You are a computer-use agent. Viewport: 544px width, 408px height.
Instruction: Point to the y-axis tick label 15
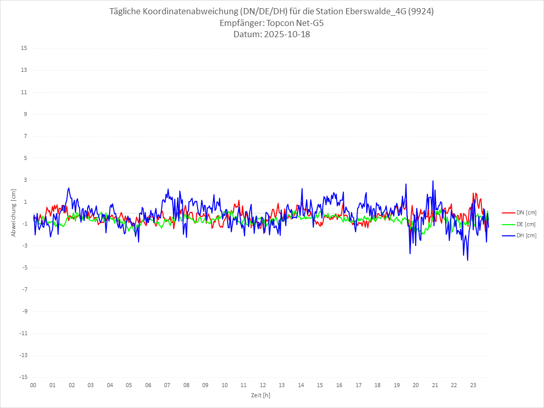pos(24,48)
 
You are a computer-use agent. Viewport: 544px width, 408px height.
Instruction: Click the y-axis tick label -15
pos(23,377)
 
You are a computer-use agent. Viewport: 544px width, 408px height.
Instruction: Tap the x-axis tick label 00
pos(33,385)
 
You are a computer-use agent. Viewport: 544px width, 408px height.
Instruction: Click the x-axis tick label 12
pos(263,385)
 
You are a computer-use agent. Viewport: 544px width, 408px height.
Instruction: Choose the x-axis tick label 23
pos(473,385)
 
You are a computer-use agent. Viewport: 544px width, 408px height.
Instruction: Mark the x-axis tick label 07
pos(167,385)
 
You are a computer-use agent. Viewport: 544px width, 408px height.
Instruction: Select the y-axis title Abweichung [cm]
pos(14,212)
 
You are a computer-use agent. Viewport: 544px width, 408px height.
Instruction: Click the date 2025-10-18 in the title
pos(285,35)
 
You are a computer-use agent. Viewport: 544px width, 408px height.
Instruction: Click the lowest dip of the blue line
pos(468,260)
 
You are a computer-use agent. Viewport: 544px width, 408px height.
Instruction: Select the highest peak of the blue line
pos(433,181)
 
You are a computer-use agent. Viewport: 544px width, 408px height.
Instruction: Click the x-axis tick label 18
pos(377,385)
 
